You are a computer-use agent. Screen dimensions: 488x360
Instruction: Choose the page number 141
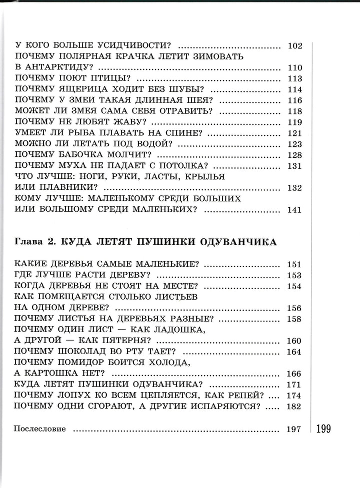[295, 209]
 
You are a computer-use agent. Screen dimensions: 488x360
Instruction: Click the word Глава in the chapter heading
[27, 242]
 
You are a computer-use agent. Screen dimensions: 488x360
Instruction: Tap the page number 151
[295, 264]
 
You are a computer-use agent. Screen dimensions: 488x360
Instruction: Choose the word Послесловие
[41, 429]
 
